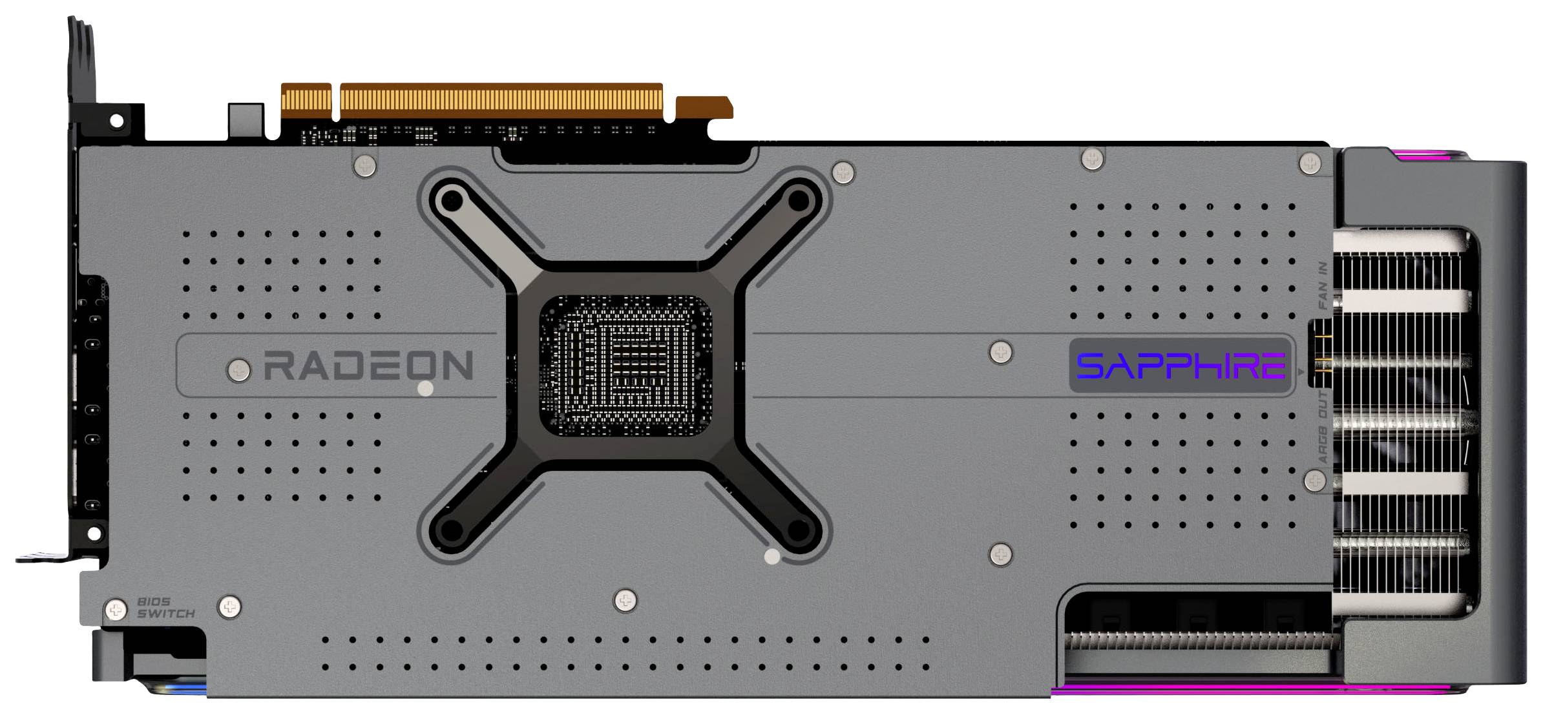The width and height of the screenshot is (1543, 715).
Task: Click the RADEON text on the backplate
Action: pyautogui.click(x=368, y=365)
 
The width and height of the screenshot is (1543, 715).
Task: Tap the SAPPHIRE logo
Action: pyautogui.click(x=1180, y=366)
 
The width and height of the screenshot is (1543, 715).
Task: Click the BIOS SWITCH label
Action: pyautogui.click(x=165, y=608)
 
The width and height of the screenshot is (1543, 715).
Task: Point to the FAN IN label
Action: pyautogui.click(x=1323, y=285)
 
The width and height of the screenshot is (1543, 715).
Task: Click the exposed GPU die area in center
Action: pyautogui.click(x=625, y=366)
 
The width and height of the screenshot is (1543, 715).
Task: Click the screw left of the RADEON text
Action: pyautogui.click(x=238, y=370)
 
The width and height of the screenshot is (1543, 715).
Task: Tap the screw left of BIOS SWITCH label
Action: pyautogui.click(x=116, y=609)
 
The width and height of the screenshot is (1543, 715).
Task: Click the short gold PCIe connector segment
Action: pyautogui.click(x=306, y=101)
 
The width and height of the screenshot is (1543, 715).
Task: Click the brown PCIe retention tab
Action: pyautogui.click(x=704, y=107)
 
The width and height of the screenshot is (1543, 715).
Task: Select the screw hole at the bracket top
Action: pyautogui.click(x=117, y=121)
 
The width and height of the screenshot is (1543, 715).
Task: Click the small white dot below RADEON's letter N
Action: pyautogui.click(x=426, y=388)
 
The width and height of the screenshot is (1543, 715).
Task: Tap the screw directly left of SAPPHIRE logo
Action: pyautogui.click(x=1001, y=352)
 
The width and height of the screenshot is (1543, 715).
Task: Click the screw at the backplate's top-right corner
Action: pyautogui.click(x=1310, y=162)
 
